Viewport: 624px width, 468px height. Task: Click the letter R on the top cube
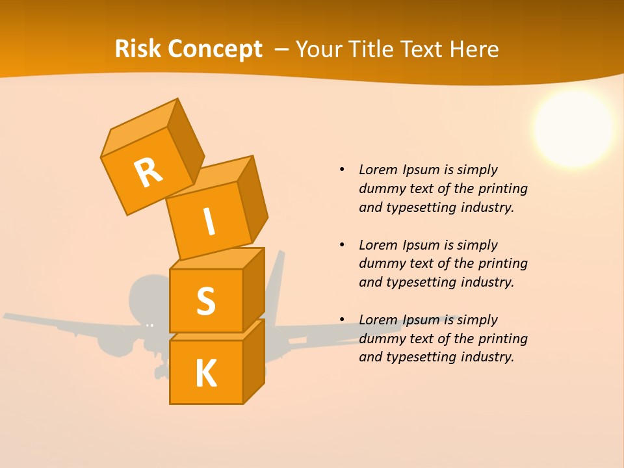148,172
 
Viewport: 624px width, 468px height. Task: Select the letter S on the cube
205,301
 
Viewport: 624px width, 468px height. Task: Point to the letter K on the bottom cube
205,374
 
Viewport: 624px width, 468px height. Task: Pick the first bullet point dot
342,170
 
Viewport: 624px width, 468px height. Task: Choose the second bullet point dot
342,245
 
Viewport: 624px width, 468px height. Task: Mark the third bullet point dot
342,320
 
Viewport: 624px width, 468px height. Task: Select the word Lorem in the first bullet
378,170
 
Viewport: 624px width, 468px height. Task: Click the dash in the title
282,49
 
